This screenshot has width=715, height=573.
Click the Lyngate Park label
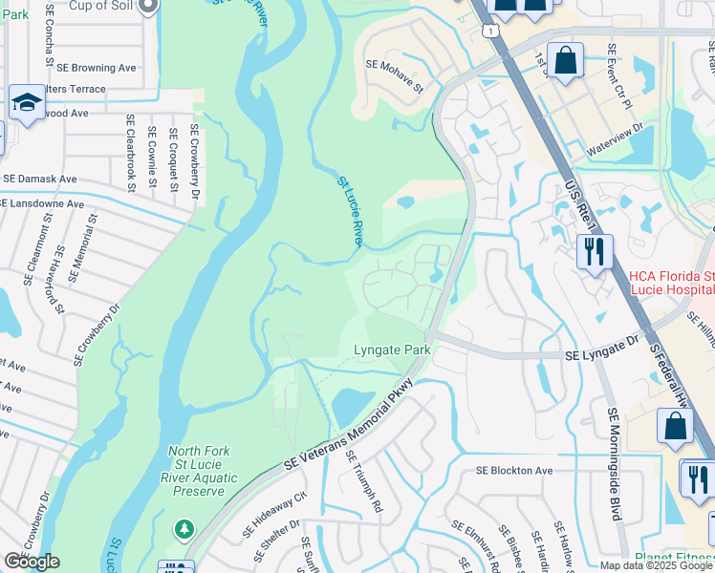coord(392,350)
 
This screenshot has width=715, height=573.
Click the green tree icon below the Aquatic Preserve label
coord(184,527)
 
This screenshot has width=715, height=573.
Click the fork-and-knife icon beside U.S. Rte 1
coord(595,253)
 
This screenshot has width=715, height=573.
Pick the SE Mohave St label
coord(394,75)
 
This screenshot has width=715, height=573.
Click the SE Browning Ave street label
coord(97,68)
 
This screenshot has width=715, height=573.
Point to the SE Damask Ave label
coord(40,179)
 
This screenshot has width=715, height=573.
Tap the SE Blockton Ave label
coord(514,471)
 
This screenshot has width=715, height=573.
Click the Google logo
coord(32,562)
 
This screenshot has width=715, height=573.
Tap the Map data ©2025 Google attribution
coord(656,565)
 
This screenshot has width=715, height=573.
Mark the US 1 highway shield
coord(490,32)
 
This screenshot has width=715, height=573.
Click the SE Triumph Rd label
coord(364,483)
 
